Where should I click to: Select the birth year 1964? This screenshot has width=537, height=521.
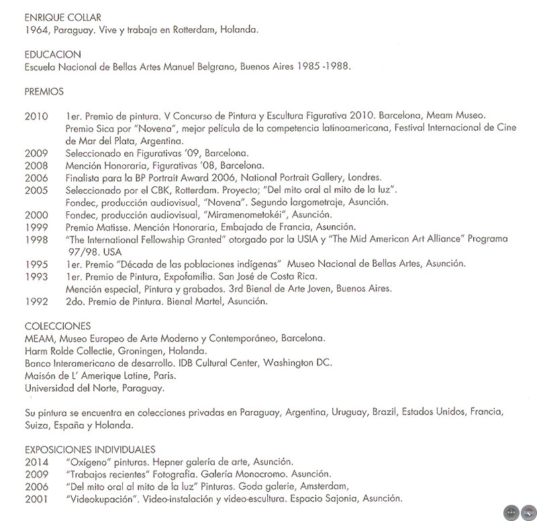pyautogui.click(x=36, y=31)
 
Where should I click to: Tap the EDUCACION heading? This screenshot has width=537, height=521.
pyautogui.click(x=52, y=54)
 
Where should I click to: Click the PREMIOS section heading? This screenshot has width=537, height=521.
pyautogui.click(x=44, y=91)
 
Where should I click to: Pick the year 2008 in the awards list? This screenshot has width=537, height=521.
pyautogui.click(x=36, y=166)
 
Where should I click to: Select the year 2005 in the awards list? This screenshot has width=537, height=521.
pyautogui.click(x=36, y=190)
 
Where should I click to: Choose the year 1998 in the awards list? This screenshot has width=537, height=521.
pyautogui.click(x=36, y=239)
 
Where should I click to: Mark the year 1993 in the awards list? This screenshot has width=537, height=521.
pyautogui.click(x=36, y=276)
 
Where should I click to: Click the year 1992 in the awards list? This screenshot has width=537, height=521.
pyautogui.click(x=36, y=301)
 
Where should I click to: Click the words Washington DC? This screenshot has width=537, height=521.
pyautogui.click(x=298, y=362)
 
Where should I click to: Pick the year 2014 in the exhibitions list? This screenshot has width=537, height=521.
pyautogui.click(x=36, y=462)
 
